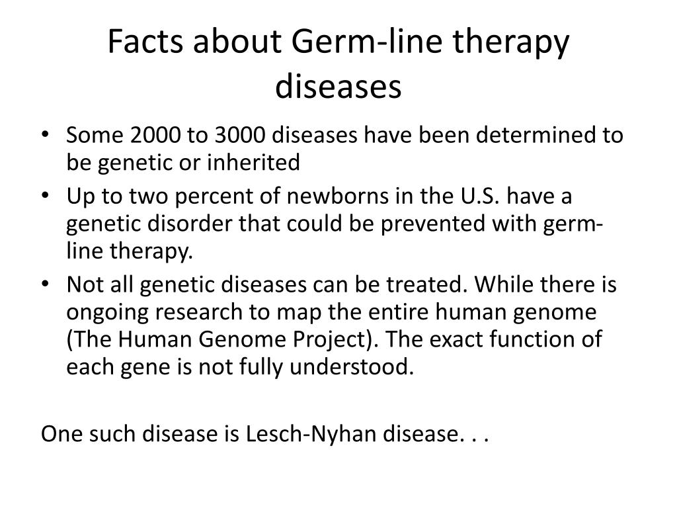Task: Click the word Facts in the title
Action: (x=145, y=41)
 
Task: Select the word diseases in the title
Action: (x=338, y=86)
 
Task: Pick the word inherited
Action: (x=253, y=163)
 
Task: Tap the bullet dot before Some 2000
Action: (x=45, y=134)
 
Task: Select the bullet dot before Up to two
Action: (x=45, y=195)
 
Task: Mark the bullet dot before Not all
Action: (x=45, y=284)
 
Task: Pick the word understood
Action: (x=352, y=367)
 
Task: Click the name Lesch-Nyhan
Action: (x=311, y=434)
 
